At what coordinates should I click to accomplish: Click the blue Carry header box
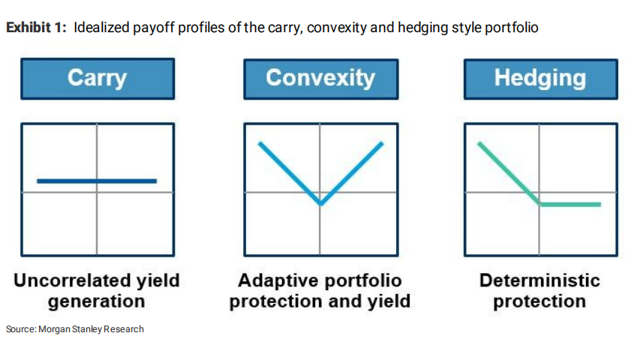[x=98, y=79]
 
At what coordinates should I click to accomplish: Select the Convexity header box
[x=321, y=79]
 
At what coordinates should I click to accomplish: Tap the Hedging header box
[x=541, y=79]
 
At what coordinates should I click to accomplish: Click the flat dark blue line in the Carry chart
[x=97, y=181]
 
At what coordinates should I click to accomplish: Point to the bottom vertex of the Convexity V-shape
[x=321, y=205]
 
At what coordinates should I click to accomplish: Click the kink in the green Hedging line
[x=540, y=204]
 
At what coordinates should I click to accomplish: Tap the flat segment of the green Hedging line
[x=570, y=205]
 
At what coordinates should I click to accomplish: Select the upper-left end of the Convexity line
[x=260, y=143]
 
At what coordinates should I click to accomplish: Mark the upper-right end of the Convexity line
[x=382, y=143]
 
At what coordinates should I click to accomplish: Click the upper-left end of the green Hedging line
[x=479, y=143]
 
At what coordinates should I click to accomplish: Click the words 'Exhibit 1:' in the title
[x=36, y=28]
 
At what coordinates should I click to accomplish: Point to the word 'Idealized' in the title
[x=101, y=28]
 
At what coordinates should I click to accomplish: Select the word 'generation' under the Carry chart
[x=97, y=301]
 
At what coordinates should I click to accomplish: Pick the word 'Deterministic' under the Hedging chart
[x=539, y=280]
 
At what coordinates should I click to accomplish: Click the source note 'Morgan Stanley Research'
[x=91, y=329]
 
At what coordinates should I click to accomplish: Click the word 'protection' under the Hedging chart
[x=539, y=301]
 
